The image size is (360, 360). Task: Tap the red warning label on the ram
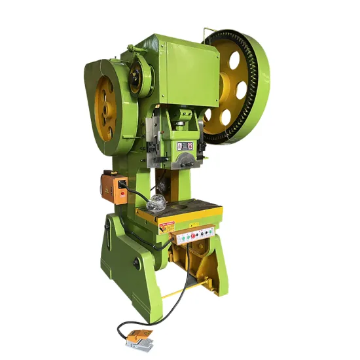[x=189, y=146]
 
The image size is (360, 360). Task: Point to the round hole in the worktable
[x=177, y=211]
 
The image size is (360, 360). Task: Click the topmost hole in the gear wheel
[x=232, y=58]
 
